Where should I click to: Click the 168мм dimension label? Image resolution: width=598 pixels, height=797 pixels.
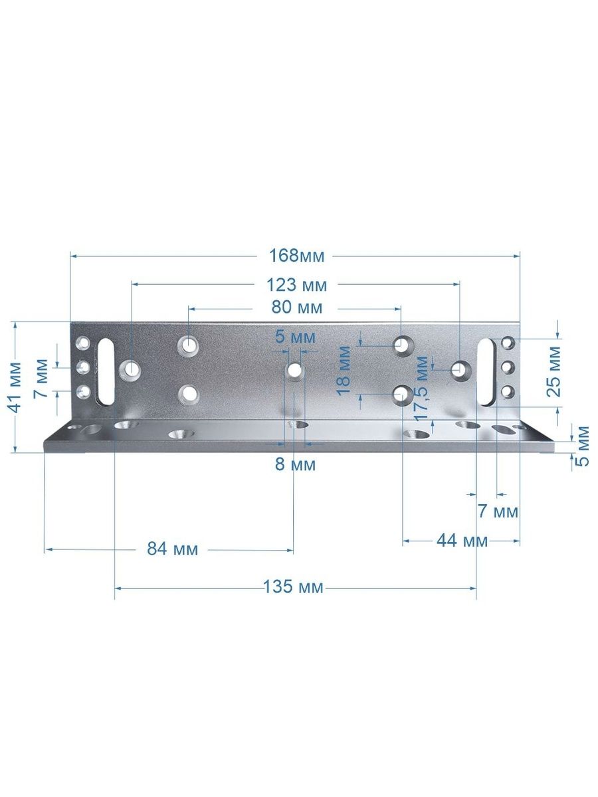click(296, 256)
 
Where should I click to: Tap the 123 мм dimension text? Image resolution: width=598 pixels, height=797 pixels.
click(296, 285)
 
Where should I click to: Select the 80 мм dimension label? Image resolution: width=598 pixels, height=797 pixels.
click(296, 308)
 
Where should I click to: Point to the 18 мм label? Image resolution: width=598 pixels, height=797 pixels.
click(344, 371)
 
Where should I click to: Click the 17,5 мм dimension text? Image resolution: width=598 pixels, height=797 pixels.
click(423, 388)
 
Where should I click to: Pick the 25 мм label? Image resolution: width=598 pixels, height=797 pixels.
click(553, 372)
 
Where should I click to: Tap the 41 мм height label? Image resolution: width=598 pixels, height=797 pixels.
click(15, 387)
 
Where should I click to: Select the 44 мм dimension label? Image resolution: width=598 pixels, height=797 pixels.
click(462, 541)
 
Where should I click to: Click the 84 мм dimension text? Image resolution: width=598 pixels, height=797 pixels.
click(173, 549)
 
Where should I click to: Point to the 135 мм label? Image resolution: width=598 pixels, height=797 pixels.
click(293, 586)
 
